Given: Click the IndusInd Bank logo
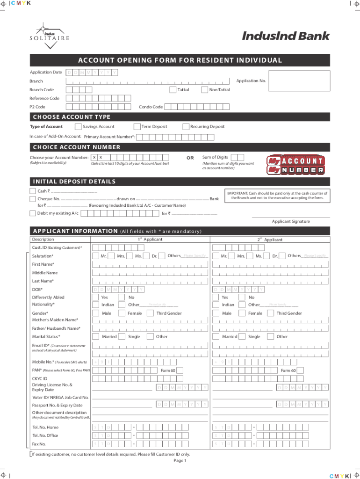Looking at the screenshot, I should [x=286, y=36].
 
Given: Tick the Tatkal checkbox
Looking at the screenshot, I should [x=173, y=89].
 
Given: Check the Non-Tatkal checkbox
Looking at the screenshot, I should [x=204, y=89].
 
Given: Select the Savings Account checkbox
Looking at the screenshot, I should [x=78, y=126].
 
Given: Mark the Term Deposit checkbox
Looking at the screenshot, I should [x=137, y=126].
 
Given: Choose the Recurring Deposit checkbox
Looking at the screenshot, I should [x=186, y=126].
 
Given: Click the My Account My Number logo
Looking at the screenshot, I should [x=295, y=165].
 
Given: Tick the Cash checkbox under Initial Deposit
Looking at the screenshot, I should [x=32, y=191].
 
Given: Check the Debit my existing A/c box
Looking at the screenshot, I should [x=32, y=213].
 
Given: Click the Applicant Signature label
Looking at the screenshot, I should [x=291, y=221].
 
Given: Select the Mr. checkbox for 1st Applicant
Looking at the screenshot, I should [x=96, y=256].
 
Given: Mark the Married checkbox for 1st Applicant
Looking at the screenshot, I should [x=96, y=336].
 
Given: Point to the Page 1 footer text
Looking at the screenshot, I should [x=180, y=460].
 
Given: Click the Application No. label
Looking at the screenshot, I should [x=251, y=81].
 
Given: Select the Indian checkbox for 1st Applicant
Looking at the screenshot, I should [x=96, y=305].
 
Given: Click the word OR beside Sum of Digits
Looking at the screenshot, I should [x=190, y=158].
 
